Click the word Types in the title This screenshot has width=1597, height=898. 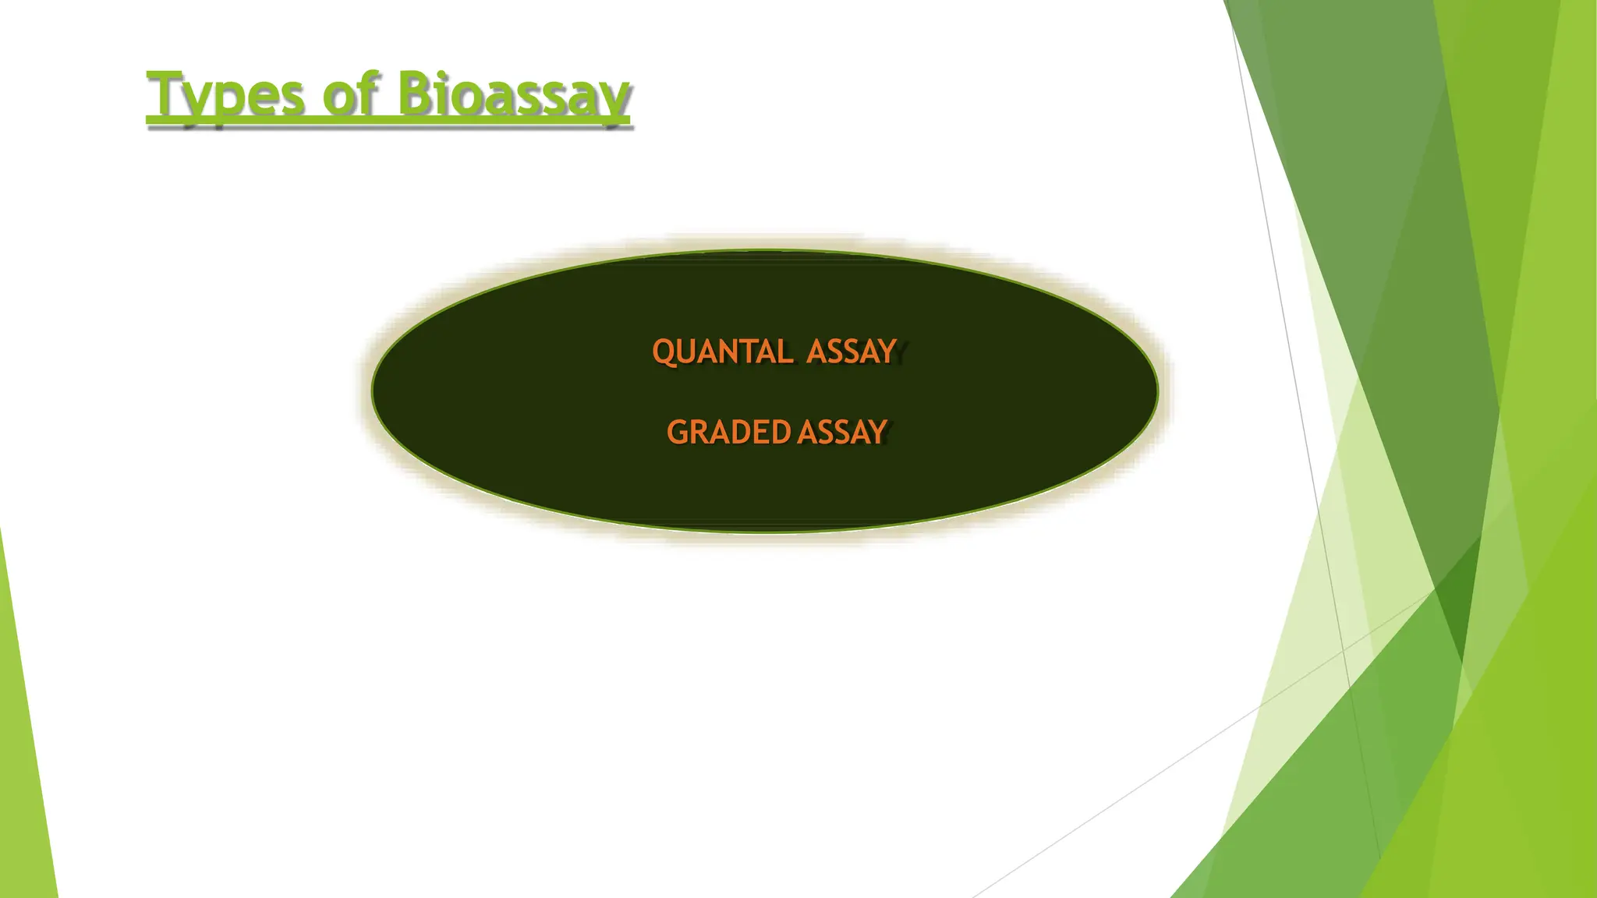coord(225,95)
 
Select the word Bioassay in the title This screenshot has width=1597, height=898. coord(512,95)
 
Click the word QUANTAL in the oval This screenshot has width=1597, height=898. coord(722,352)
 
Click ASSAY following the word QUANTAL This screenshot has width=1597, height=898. coord(852,352)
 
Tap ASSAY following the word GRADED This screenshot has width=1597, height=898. coord(842,432)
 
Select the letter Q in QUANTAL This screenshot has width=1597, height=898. coord(664,352)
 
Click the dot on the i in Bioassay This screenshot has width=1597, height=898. coord(443,76)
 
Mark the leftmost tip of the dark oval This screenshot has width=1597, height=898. coord(373,391)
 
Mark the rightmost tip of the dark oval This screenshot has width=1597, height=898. coord(1157,391)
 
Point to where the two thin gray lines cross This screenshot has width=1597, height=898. coord(1343,650)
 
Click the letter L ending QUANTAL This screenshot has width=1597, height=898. coord(785,352)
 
